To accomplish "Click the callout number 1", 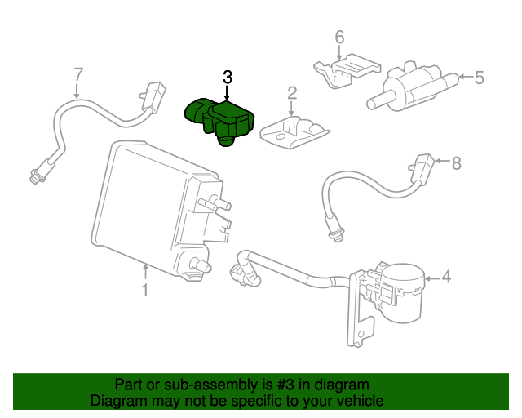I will [144, 290].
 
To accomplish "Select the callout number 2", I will [291, 96].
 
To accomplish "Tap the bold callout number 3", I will [228, 77].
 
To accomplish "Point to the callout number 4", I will [446, 277].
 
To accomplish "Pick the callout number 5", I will [479, 78].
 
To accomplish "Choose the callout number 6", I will [339, 37].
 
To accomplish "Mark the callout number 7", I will [78, 74].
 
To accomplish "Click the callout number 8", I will [456, 163].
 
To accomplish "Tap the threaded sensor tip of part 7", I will [35, 173].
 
